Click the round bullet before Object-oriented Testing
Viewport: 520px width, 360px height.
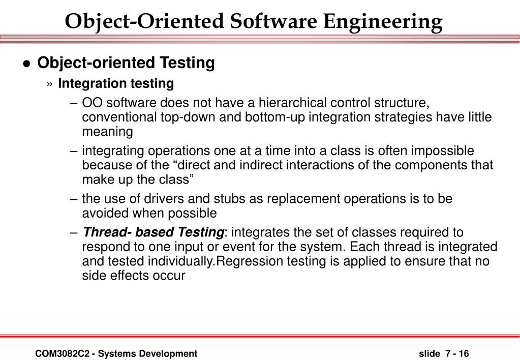click(x=27, y=64)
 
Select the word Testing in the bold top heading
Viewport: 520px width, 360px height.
click(x=188, y=63)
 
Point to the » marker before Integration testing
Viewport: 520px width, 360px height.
click(x=50, y=84)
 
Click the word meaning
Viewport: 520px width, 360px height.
click(x=108, y=132)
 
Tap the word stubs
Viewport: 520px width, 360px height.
click(x=207, y=199)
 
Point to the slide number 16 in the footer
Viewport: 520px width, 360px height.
click(x=464, y=353)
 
